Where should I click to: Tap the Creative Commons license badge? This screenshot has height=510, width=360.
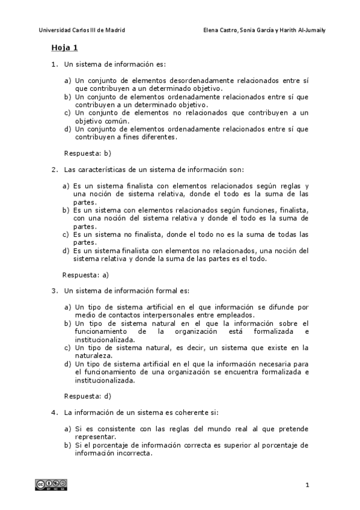[x=50, y=485]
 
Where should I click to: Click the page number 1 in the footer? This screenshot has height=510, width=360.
[x=307, y=485]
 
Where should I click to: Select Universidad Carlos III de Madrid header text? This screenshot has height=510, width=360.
[x=82, y=29]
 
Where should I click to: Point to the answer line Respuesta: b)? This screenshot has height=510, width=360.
[x=88, y=153]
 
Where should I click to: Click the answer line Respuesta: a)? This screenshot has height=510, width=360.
[x=86, y=275]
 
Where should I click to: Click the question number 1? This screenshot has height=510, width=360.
[x=54, y=64]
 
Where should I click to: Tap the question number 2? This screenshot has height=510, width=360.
[x=54, y=170]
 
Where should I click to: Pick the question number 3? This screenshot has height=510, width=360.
[x=54, y=291]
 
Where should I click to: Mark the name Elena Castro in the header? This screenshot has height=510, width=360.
[x=222, y=29]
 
